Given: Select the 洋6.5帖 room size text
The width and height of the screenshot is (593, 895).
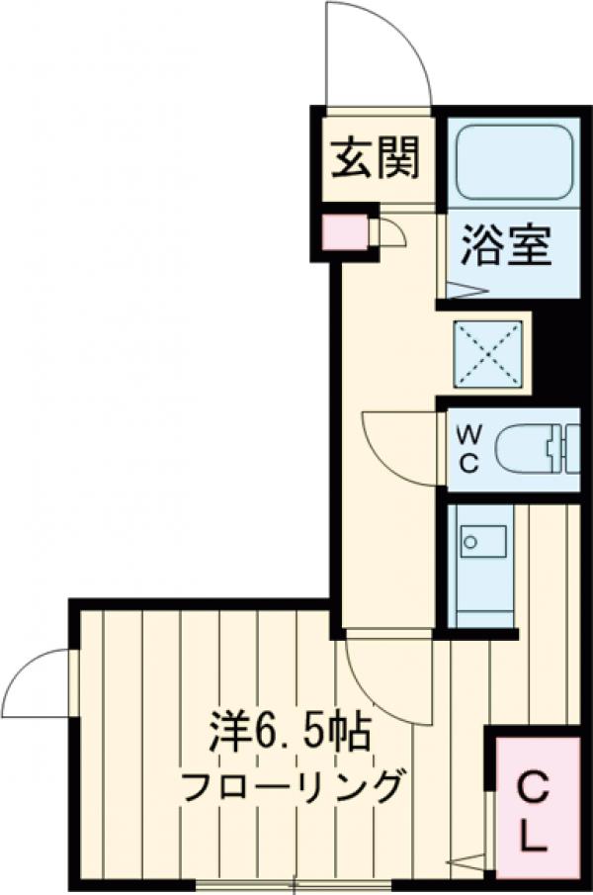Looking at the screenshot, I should (x=289, y=734).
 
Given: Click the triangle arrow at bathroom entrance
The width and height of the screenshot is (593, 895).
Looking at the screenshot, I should (x=466, y=291).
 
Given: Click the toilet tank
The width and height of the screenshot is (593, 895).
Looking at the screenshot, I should (x=568, y=448).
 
